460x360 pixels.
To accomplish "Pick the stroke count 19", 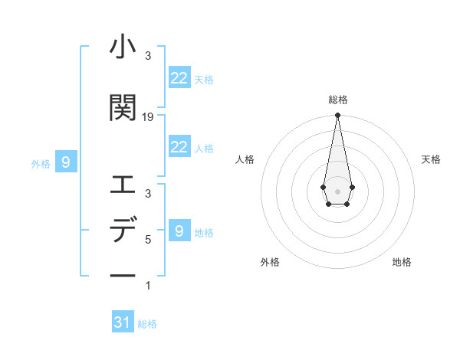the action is point(148,116).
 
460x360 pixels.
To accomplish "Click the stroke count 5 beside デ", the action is point(148,239).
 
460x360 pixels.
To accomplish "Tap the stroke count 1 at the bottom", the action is point(148,286).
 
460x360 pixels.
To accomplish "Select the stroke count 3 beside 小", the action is point(148,56).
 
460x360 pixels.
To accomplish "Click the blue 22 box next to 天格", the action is point(179,78).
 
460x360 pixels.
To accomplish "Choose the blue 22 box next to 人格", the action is point(179,147).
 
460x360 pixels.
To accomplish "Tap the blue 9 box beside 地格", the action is point(179,231).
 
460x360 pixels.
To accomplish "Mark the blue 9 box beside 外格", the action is point(66,162).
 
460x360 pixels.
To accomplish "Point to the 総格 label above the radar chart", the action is point(337,100).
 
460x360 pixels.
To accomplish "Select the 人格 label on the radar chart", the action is point(245,159).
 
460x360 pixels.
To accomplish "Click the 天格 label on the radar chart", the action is point(431,159).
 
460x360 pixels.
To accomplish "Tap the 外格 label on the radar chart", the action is point(270,262).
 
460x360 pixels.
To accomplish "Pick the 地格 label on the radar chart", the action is point(402,262).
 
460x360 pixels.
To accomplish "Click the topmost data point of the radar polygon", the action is point(337,115).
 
